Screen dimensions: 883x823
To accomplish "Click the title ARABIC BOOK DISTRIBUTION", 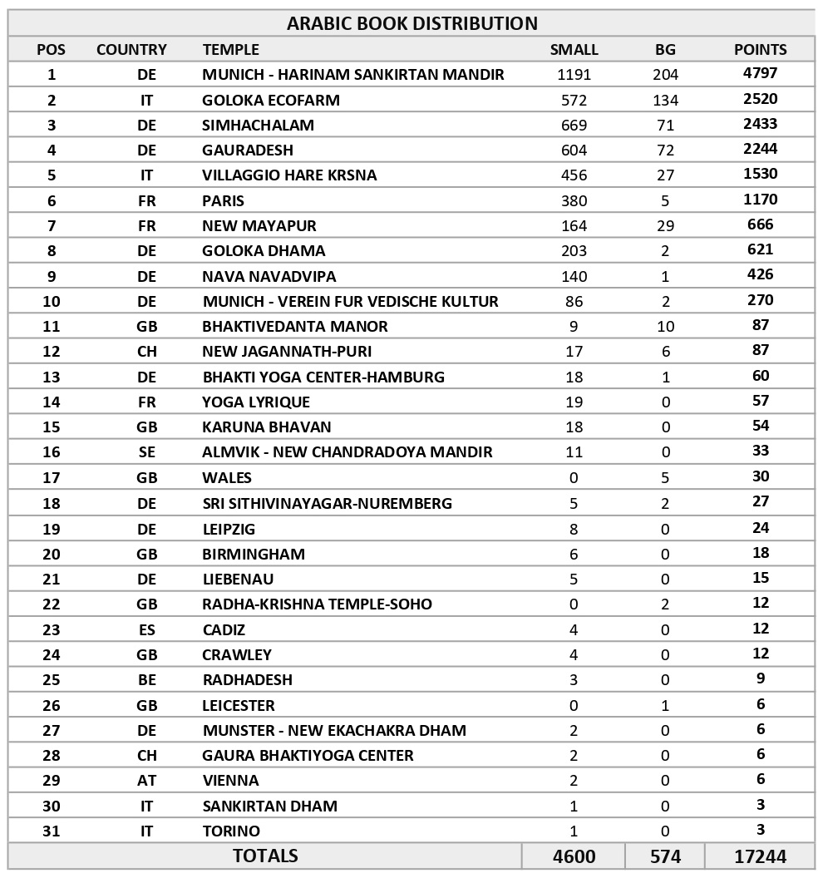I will (x=411, y=23).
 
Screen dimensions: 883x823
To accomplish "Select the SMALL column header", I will (x=574, y=50).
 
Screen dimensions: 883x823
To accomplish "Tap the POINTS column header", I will (x=760, y=50).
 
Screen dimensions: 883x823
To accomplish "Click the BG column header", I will (x=665, y=50).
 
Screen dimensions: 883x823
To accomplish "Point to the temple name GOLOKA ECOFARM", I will (x=271, y=100).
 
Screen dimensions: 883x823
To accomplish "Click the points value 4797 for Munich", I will (x=760, y=73).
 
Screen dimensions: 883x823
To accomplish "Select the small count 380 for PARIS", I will (x=574, y=200).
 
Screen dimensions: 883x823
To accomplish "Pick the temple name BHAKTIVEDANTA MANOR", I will (x=295, y=326).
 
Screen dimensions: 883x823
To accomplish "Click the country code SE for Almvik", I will (x=146, y=452).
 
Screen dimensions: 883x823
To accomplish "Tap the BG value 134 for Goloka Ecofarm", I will (x=665, y=100).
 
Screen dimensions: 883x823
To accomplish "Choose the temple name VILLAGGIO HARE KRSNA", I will (x=289, y=175).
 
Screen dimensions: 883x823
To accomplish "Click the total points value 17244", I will (x=760, y=856).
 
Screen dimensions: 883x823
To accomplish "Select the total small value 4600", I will (x=574, y=856).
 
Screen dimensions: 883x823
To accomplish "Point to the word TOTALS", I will (x=265, y=856).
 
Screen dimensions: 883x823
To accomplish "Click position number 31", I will (x=52, y=831).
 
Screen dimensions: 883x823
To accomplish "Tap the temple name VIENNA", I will (x=231, y=780).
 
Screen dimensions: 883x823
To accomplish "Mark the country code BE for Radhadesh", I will (x=146, y=679).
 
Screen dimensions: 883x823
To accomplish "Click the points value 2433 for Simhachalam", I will (x=760, y=124).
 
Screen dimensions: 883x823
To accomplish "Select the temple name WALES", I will (x=227, y=477).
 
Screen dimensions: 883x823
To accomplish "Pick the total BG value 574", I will (x=665, y=856).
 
